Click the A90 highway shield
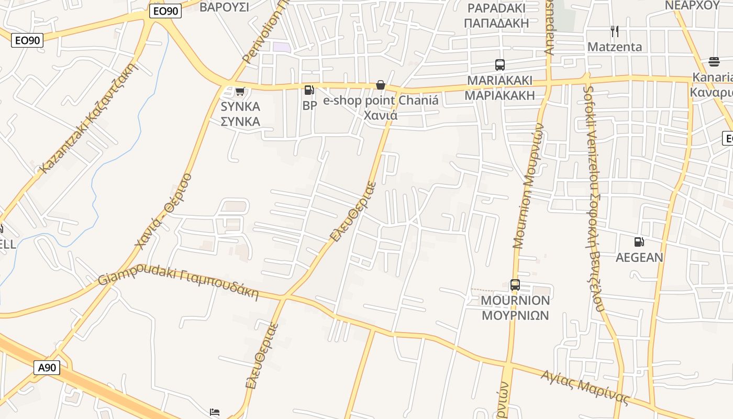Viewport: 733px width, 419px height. [x=47, y=368]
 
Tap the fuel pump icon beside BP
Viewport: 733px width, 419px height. [x=309, y=90]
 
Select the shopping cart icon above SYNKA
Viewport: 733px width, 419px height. [x=240, y=92]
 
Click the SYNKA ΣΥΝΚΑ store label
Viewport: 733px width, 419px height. [x=240, y=114]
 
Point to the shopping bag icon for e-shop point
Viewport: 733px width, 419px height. [x=381, y=85]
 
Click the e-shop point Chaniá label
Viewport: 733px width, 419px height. [x=381, y=107]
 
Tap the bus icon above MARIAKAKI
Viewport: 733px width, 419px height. [x=500, y=65]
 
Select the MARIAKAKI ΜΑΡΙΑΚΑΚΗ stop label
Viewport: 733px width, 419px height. [x=499, y=88]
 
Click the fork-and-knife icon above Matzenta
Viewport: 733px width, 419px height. [x=615, y=31]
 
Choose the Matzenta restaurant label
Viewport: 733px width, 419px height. [x=615, y=47]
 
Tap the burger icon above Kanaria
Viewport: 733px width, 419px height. [x=714, y=62]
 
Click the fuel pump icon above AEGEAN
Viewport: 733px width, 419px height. [x=639, y=242]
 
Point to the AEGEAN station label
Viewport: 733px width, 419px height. [x=639, y=257]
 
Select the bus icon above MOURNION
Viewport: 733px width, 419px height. [x=515, y=285]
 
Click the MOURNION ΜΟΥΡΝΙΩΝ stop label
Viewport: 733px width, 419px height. [x=515, y=308]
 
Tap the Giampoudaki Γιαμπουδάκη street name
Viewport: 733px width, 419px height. [x=179, y=283]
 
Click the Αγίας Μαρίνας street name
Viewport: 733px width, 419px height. [x=585, y=388]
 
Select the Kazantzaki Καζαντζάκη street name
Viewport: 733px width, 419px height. [x=88, y=118]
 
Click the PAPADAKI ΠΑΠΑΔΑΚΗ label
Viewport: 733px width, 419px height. [x=496, y=16]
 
